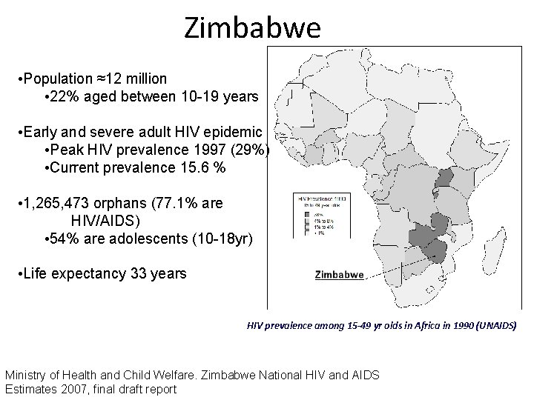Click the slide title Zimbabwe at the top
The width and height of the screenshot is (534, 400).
point(252,28)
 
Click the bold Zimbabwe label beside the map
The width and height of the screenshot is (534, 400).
point(339,274)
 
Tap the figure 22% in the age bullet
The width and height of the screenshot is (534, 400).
point(66,97)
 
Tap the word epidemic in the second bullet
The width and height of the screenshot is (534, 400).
point(236,133)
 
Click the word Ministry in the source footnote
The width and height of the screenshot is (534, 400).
point(27,376)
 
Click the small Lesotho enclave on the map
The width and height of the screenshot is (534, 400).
point(429,290)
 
